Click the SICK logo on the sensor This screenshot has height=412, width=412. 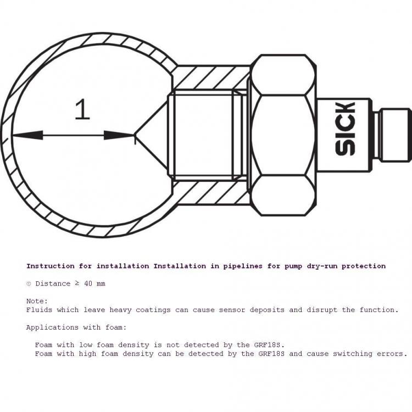(x=346, y=129)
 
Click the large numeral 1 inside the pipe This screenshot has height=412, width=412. (x=82, y=109)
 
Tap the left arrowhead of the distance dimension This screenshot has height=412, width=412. (x=27, y=135)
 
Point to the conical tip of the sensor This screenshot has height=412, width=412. (x=152, y=135)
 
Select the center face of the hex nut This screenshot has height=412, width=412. (x=282, y=135)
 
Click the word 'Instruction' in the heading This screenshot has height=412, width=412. (x=51, y=266)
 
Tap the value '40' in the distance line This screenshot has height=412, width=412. (x=88, y=284)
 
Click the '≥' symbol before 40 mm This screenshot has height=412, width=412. (x=77, y=283)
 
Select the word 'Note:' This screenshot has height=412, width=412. (x=37, y=301)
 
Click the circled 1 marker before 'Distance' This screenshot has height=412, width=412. (x=29, y=284)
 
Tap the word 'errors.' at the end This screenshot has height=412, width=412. (x=392, y=354)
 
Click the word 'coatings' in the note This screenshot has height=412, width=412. (x=153, y=310)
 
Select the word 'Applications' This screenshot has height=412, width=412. (x=52, y=327)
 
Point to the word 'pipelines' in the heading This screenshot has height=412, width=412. (x=243, y=266)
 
